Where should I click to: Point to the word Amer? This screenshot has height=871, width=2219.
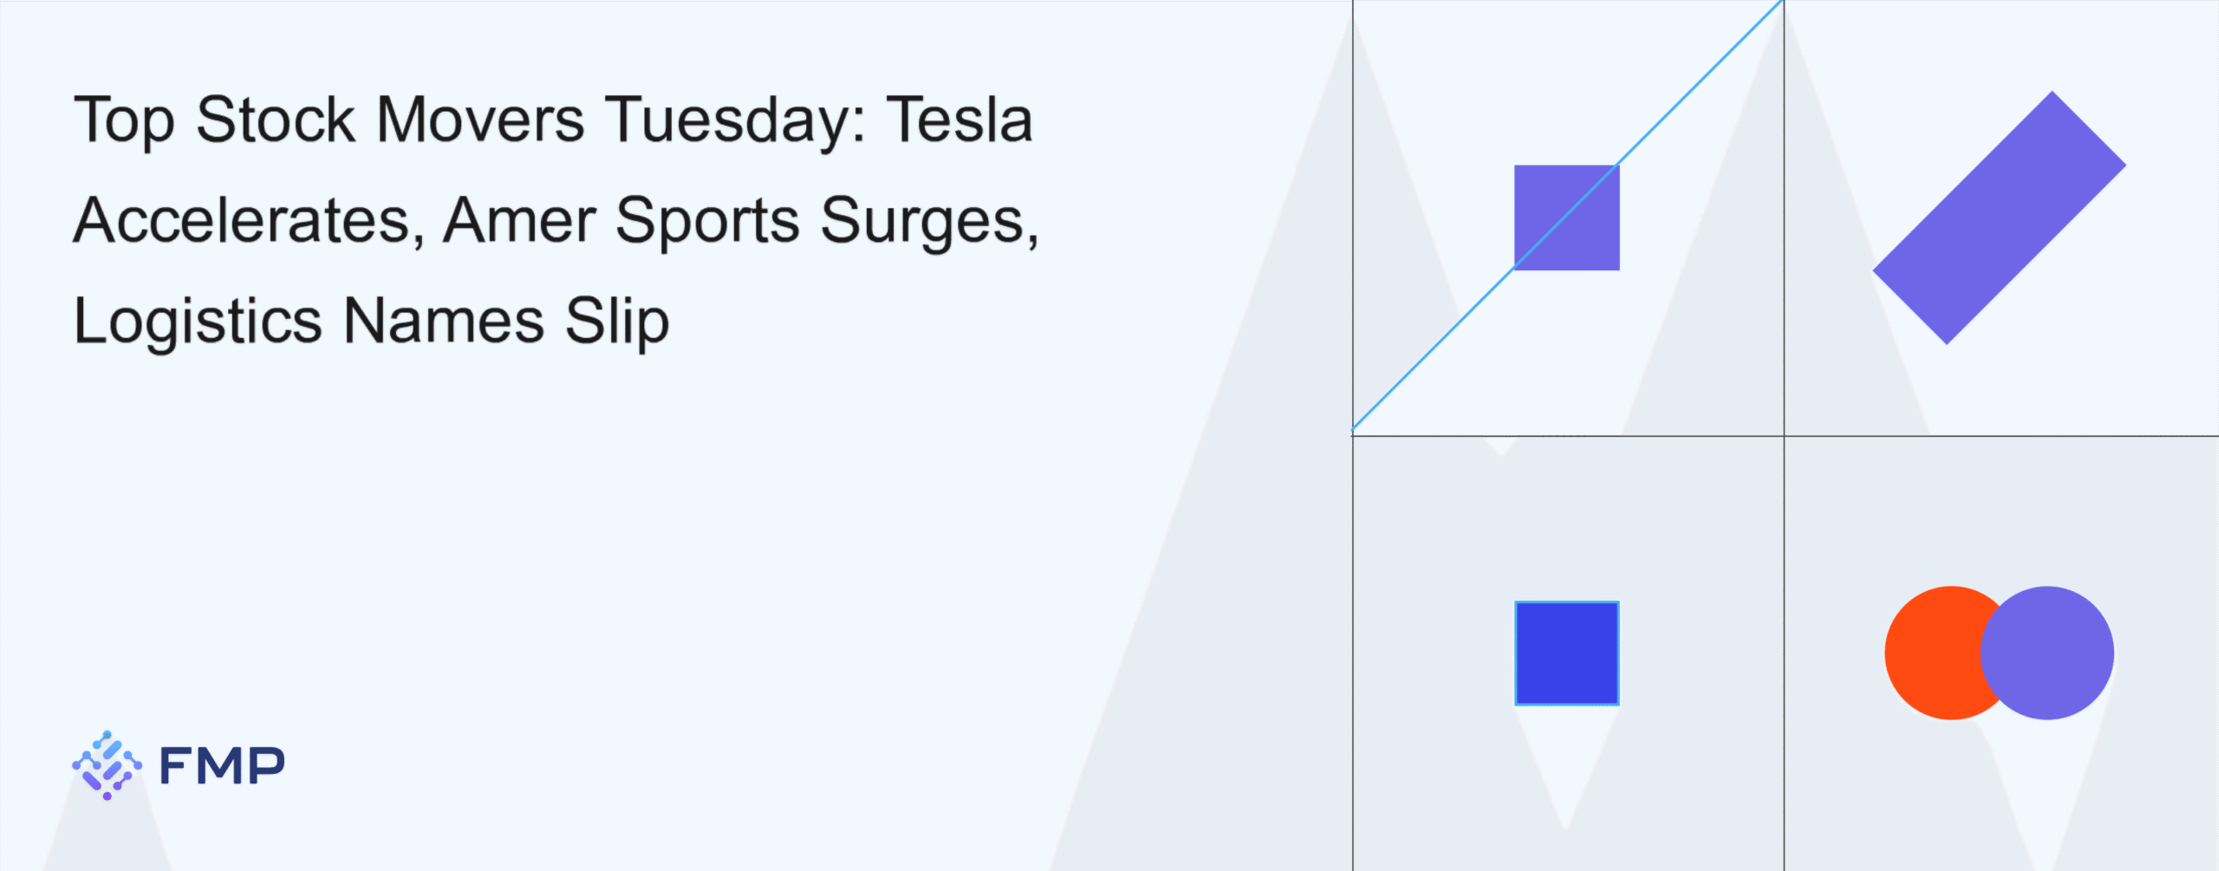coord(519,220)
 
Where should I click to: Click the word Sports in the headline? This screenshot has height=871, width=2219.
coord(707,224)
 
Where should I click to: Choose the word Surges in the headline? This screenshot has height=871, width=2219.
coord(929,224)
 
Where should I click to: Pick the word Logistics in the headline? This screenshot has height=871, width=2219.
coord(198,323)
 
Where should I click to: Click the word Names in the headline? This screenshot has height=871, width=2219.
coord(445,321)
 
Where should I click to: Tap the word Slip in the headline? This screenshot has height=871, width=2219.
coord(617,323)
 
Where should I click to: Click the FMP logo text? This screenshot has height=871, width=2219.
coord(222,765)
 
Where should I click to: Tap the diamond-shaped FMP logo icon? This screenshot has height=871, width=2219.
coord(107,765)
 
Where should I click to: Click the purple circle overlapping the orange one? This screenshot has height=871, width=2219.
coord(2047,653)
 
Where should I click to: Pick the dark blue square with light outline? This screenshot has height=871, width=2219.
coord(1566,653)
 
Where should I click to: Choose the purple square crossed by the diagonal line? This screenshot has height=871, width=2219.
coord(1566,218)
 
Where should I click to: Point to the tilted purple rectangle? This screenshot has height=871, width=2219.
coord(1999,218)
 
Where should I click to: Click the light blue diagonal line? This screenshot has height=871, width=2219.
coord(1567,216)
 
